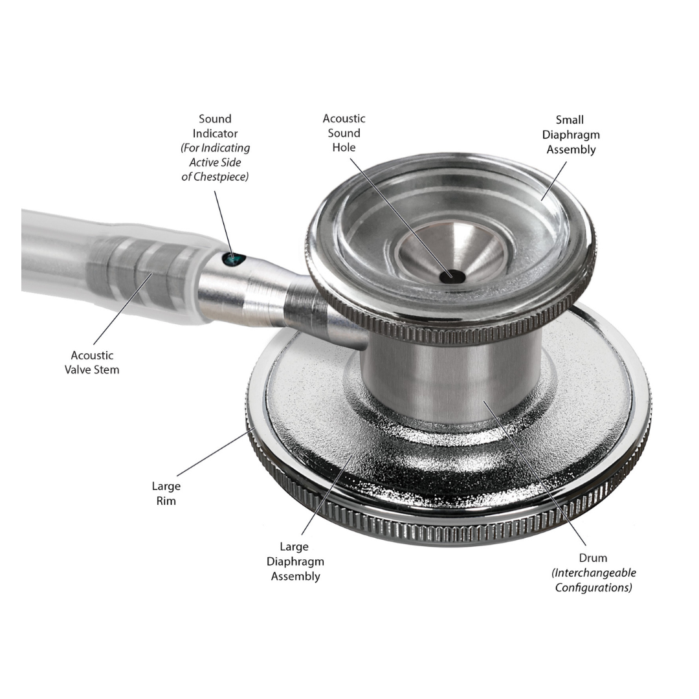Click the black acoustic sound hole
click(452, 276)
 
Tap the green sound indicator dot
click(233, 260)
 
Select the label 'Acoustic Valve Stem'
click(92, 362)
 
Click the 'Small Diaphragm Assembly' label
click(570, 135)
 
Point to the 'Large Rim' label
click(166, 493)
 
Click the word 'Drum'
click(593, 558)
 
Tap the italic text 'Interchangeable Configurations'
click(594, 580)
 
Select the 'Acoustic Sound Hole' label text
click(344, 133)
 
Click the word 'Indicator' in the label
click(215, 133)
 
